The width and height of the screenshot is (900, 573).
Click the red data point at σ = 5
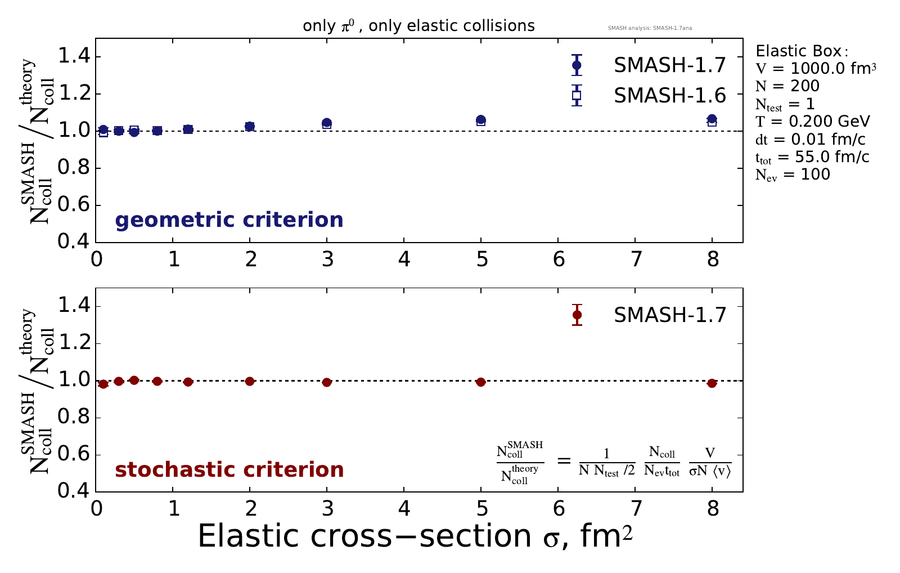(480, 382)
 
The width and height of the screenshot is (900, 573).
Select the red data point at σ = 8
(712, 383)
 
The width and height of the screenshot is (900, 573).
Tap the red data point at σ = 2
(250, 381)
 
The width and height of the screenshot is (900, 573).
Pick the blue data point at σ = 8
(712, 119)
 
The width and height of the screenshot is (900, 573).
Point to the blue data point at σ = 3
(327, 123)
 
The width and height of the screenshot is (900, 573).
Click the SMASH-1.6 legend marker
(576, 95)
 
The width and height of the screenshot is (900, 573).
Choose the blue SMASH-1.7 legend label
(669, 65)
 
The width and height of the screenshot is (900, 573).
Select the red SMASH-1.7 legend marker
(576, 315)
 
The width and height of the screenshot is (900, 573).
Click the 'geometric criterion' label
(229, 220)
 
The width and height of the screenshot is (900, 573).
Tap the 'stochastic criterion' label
(229, 469)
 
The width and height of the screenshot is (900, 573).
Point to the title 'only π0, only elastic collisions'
(418, 26)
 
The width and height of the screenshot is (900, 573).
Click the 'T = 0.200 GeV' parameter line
(812, 121)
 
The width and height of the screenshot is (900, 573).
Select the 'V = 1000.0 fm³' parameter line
(816, 69)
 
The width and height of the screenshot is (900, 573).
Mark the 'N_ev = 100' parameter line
(793, 174)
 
